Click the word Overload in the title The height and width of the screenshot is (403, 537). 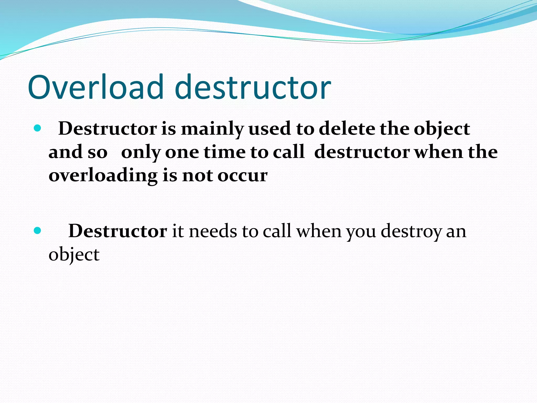(96, 87)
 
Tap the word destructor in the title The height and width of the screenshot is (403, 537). (253, 87)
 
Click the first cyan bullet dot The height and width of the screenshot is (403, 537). (37, 128)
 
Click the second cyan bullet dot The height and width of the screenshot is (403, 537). (37, 231)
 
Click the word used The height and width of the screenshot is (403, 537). (270, 129)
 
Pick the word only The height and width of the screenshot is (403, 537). (141, 153)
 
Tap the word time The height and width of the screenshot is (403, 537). (224, 152)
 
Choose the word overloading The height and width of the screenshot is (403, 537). (103, 176)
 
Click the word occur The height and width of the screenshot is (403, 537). (243, 176)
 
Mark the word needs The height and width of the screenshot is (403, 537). (213, 231)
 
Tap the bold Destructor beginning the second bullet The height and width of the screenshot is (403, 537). (118, 231)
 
